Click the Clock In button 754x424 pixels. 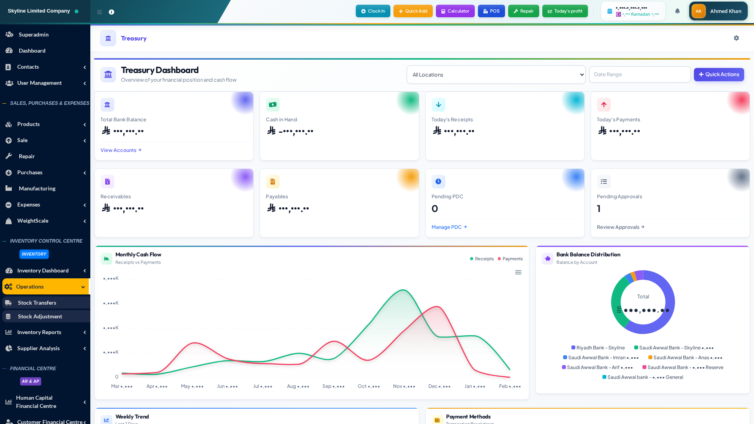pos(373,11)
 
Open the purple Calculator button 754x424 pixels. pos(455,11)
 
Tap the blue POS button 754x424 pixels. pos(491,11)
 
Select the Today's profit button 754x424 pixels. pos(565,11)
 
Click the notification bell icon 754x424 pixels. pos(677,11)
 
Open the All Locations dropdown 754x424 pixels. pos(496,75)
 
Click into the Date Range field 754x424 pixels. pos(640,75)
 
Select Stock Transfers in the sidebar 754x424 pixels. pos(37,303)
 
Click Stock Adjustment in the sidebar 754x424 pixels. pos(40,316)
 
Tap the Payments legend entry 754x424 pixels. pos(510,259)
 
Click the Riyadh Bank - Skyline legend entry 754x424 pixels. pos(598,348)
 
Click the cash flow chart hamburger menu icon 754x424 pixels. pos(518,272)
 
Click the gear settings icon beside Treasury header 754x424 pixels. pos(736,38)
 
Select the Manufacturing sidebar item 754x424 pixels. pos(37,188)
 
